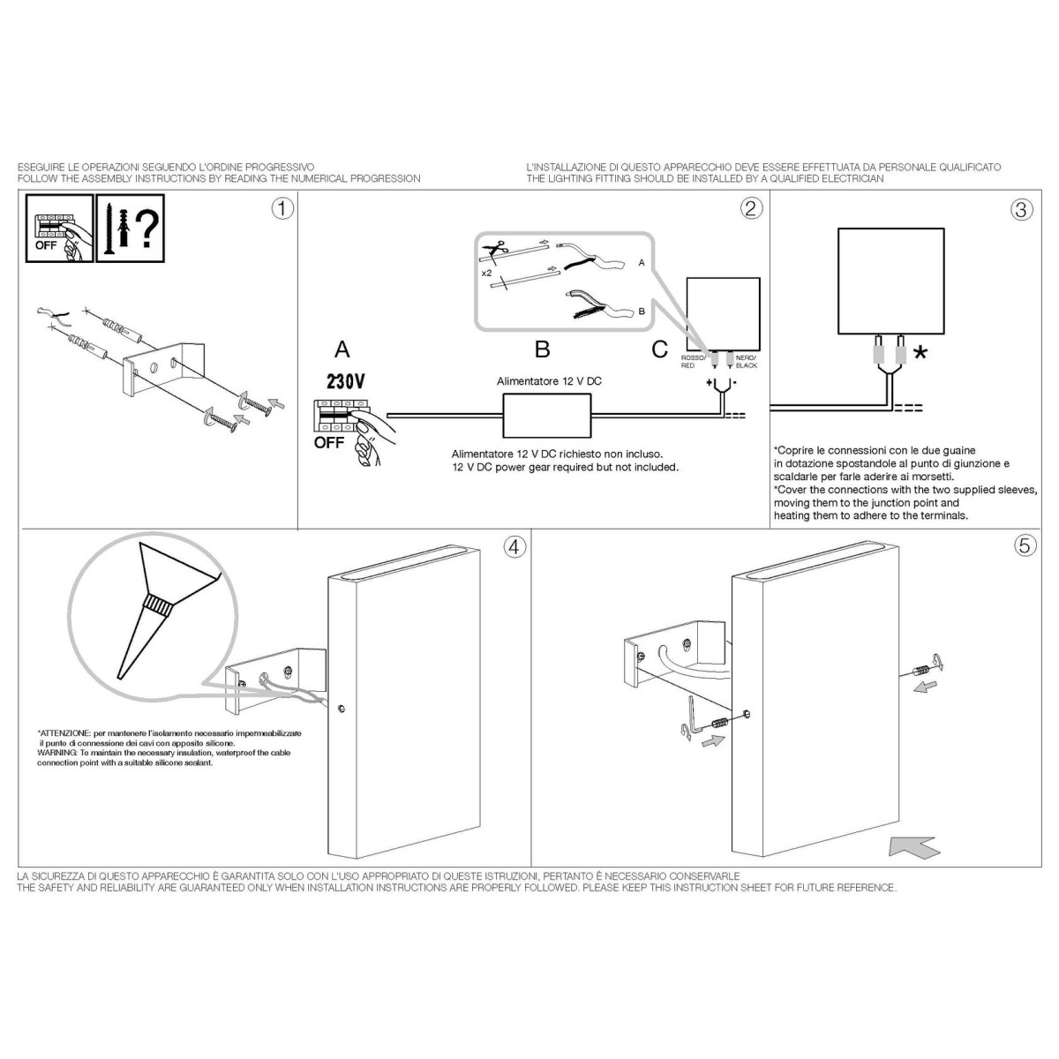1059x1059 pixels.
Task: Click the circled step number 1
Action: tap(282, 209)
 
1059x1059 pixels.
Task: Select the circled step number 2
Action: tap(751, 208)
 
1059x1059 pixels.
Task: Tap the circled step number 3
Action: tap(1022, 209)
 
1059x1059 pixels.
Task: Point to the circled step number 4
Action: tap(514, 547)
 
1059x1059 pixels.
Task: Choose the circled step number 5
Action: tap(1025, 545)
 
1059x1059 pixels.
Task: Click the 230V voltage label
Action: tap(346, 381)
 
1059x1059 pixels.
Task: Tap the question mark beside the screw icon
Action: tap(146, 228)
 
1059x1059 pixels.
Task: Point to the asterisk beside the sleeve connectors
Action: tap(920, 353)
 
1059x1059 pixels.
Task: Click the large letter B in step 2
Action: tap(543, 349)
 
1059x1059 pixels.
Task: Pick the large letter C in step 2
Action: tap(659, 349)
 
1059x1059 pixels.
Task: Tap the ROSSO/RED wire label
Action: tap(693, 362)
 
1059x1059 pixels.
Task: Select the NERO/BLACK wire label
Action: tap(747, 362)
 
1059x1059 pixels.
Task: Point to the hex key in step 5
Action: tap(693, 716)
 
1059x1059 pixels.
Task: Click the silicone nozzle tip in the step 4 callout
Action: tap(119, 678)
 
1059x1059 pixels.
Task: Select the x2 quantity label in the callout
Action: tap(486, 273)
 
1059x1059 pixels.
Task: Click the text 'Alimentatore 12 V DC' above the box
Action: tap(549, 381)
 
